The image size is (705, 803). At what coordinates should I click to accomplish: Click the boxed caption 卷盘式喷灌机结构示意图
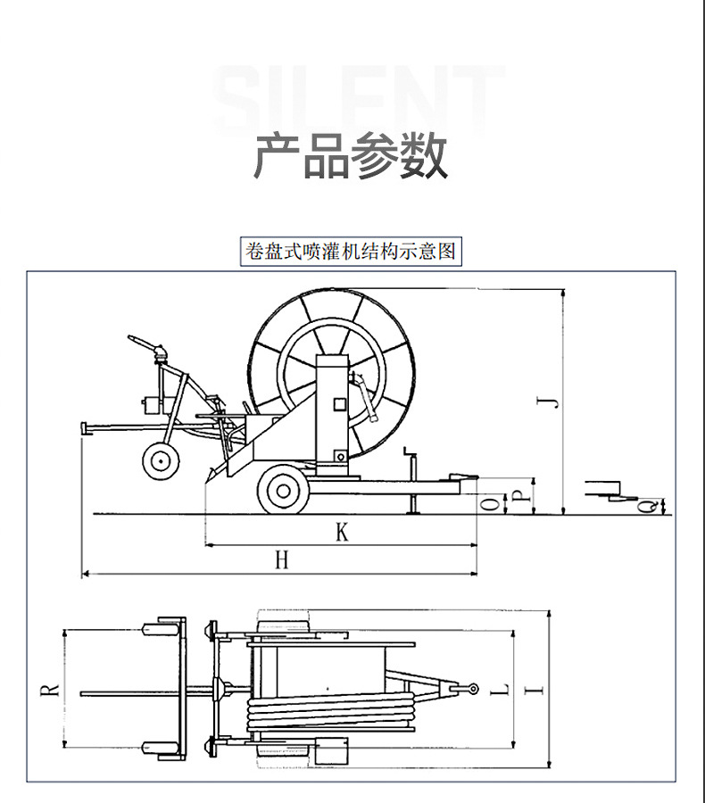pos(351,251)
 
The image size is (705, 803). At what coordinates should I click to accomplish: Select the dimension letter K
pos(341,533)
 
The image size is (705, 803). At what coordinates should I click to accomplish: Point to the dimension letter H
pos(281,560)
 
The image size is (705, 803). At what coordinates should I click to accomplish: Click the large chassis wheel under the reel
pos(283,489)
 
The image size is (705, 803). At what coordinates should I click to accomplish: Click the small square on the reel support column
pos(339,404)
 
